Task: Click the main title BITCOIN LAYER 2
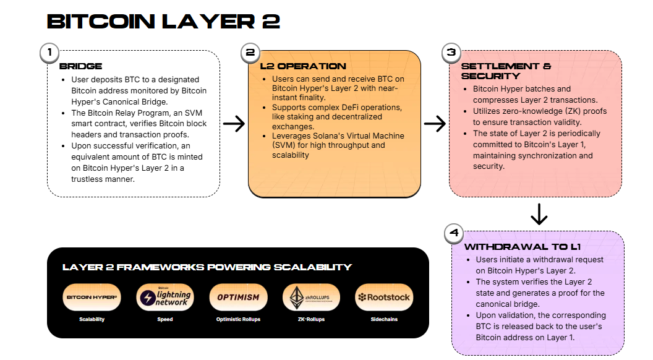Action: tap(163, 22)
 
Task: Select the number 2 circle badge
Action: tap(250, 53)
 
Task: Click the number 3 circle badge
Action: tap(451, 53)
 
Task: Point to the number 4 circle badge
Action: tap(455, 233)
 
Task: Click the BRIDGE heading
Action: tap(80, 66)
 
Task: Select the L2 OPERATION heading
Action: tap(302, 66)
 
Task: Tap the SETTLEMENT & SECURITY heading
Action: tap(506, 71)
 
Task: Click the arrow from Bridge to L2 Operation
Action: tap(234, 124)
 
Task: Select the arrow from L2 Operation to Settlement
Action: tap(435, 124)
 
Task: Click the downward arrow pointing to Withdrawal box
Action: tap(539, 213)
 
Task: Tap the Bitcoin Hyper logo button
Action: tap(92, 297)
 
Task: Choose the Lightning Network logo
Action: tap(165, 297)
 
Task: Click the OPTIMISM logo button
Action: tap(238, 297)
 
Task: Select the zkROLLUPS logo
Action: tap(311, 297)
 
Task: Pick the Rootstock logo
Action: tap(383, 297)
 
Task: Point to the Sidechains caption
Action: tap(383, 320)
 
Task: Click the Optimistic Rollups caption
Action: tap(238, 320)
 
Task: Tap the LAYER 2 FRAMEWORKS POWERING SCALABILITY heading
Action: tap(207, 267)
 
